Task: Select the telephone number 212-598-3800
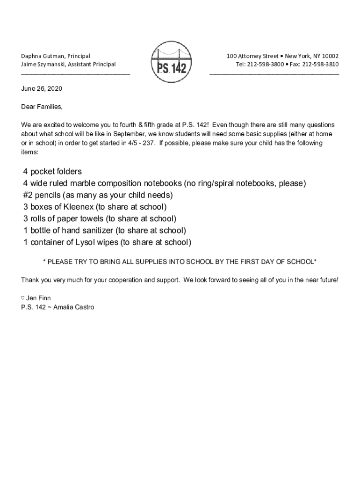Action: point(266,64)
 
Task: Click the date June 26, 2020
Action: point(42,88)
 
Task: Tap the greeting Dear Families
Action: point(42,107)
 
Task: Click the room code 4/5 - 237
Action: point(141,143)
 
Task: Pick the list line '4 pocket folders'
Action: point(52,172)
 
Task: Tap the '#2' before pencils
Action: point(28,195)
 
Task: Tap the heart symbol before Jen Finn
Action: point(23,298)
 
